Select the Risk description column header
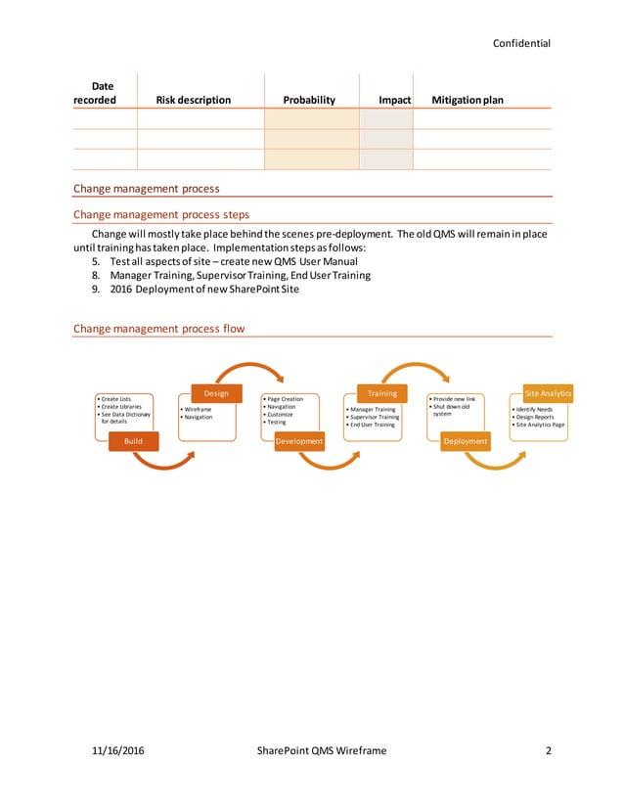click(194, 100)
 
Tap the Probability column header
click(309, 100)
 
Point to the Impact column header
click(394, 100)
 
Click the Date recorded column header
click(95, 93)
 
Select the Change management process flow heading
click(158, 329)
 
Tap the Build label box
click(133, 442)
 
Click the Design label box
click(216, 393)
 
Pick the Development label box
click(299, 442)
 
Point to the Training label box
click(382, 393)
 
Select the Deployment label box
click(466, 442)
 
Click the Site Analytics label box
click(548, 393)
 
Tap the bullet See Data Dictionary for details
click(126, 417)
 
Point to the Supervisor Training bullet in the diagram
click(374, 417)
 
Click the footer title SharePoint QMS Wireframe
click(321, 750)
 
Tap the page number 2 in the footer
click(549, 750)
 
